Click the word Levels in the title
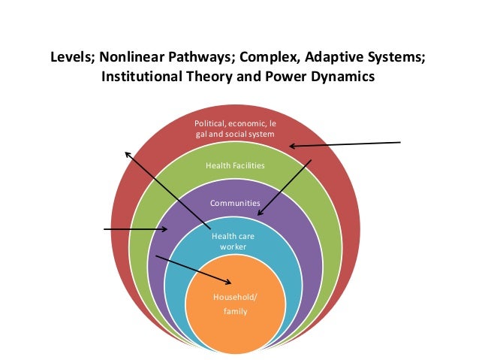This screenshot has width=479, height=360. coord(71,58)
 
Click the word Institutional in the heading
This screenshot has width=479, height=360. coord(141,77)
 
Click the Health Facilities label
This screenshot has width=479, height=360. coord(235,165)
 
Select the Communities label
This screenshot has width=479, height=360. coord(235,203)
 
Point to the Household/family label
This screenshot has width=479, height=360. coord(235,304)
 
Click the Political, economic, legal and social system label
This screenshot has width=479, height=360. coord(235,128)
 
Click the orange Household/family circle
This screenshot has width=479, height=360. coord(234,323)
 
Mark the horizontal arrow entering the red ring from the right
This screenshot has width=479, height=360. coord(345,144)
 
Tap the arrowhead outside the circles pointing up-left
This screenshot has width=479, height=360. coord(128,153)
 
